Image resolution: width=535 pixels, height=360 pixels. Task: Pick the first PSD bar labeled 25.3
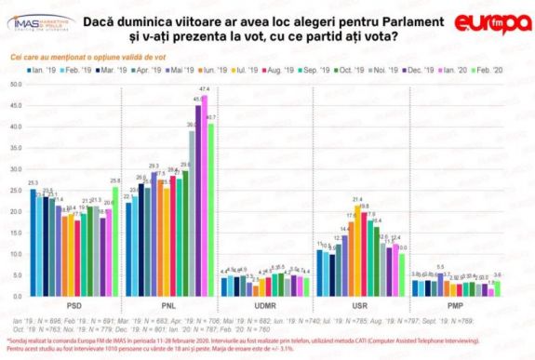(33, 242)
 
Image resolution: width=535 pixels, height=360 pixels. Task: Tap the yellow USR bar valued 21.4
(356, 251)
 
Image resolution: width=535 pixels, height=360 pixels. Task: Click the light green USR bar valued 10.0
(402, 274)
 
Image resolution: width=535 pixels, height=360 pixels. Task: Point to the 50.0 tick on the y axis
(15, 84)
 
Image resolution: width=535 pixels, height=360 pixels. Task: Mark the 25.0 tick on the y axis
(15, 190)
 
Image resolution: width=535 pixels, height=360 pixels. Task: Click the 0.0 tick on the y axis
(16, 297)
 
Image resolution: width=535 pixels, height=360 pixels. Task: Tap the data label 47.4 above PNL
(205, 88)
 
